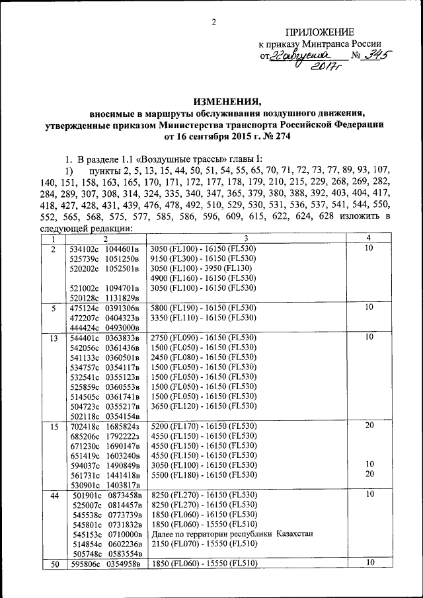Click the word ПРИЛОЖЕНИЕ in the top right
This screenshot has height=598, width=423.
[x=319, y=32]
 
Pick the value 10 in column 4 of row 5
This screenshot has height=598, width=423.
[x=369, y=307]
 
